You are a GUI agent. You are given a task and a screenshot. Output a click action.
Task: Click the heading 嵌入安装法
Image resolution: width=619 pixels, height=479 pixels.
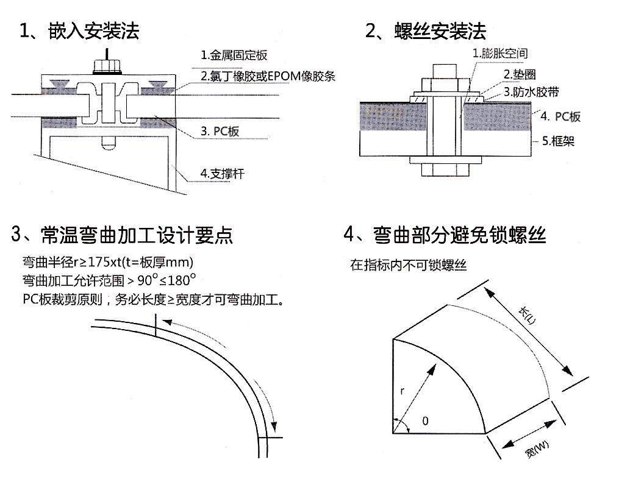coord(80,31)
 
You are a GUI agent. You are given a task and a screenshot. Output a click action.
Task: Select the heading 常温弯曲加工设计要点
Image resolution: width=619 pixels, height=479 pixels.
coord(122,235)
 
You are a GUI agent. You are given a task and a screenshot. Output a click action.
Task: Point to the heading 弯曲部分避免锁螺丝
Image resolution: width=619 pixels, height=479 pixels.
coord(445,235)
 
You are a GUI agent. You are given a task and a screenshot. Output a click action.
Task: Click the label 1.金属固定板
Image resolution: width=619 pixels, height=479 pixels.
coord(234,56)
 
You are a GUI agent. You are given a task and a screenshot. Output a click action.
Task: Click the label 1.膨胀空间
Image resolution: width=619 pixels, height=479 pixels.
coord(500,54)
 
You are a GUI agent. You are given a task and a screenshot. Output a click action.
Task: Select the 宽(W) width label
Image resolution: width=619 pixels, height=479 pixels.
coord(536,452)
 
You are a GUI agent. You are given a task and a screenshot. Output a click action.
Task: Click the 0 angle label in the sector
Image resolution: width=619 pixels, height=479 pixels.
coord(424,420)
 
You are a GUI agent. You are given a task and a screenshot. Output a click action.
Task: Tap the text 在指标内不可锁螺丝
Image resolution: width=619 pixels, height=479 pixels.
coord(408,265)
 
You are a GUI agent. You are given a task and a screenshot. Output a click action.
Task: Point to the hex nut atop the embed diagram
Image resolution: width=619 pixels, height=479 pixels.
coord(107,65)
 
